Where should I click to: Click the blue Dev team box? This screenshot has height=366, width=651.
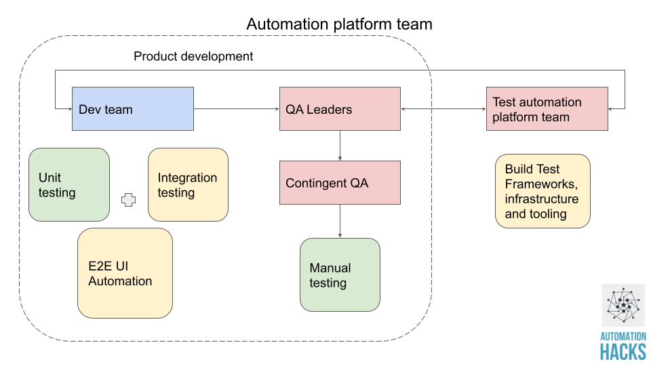(x=133, y=108)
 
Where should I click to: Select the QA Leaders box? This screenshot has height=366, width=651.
(x=340, y=108)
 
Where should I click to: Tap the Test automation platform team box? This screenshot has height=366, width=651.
(x=547, y=108)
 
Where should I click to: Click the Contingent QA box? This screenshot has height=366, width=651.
(x=340, y=182)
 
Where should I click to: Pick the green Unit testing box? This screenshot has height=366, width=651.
(x=69, y=184)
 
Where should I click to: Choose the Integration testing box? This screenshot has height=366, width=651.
(x=188, y=184)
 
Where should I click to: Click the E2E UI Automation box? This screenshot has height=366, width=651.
(x=125, y=273)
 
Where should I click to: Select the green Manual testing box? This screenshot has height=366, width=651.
(x=340, y=274)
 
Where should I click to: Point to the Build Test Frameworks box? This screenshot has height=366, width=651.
(x=542, y=190)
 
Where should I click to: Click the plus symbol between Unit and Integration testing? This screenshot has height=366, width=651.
(x=129, y=200)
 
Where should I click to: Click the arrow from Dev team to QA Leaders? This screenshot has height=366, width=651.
(x=237, y=108)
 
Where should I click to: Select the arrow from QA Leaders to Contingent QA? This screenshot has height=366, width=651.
(x=340, y=145)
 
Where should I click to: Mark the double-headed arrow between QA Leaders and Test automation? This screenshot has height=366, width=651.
(x=444, y=108)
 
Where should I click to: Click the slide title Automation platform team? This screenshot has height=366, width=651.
(x=339, y=24)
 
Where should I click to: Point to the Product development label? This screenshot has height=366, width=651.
(x=193, y=56)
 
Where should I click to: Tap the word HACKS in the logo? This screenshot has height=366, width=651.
(x=623, y=351)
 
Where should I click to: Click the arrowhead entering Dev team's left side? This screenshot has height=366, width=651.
(x=68, y=108)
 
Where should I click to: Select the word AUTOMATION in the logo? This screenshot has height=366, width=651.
(x=623, y=336)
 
